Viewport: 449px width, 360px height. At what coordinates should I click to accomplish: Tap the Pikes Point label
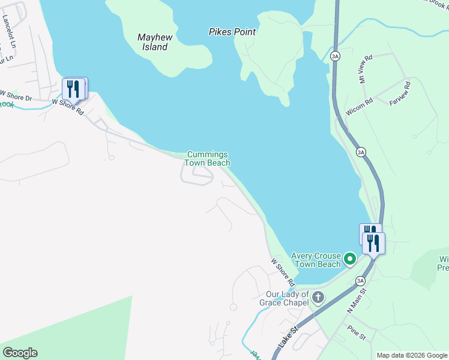tap(232, 32)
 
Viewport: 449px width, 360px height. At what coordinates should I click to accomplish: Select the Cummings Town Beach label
tap(207, 158)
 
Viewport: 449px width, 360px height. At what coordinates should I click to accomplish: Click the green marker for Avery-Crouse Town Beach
tap(349, 260)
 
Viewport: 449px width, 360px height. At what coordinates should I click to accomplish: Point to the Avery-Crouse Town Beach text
tap(316, 260)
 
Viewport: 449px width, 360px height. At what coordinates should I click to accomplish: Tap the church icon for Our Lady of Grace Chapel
tap(318, 297)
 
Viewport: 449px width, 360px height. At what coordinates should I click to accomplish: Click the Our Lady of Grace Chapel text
tap(287, 298)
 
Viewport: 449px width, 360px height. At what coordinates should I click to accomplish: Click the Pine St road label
tap(356, 332)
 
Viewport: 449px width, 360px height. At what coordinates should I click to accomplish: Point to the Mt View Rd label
tap(365, 69)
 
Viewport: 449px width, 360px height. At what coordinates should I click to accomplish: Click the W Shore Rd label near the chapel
tap(283, 272)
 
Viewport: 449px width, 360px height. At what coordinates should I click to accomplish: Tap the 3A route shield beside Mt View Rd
tap(335, 56)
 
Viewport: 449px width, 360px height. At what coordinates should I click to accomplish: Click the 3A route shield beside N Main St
tap(360, 280)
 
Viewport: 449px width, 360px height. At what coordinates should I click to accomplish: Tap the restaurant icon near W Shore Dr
tap(73, 89)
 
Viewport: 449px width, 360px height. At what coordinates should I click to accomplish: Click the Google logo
tap(20, 353)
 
